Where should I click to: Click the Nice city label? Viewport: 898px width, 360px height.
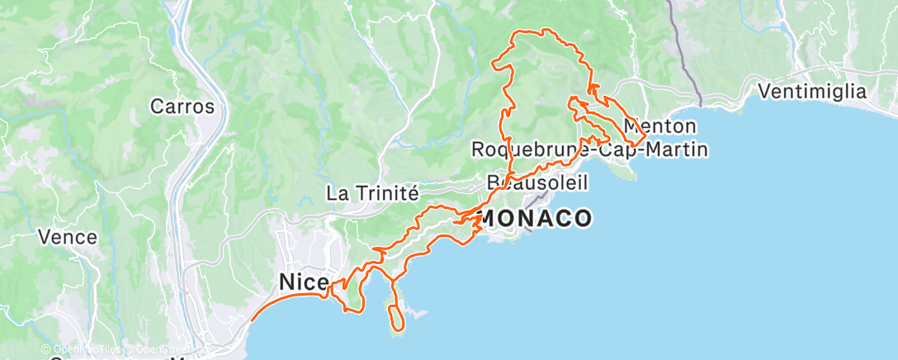pyautogui.click(x=304, y=282)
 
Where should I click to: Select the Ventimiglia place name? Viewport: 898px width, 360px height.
pyautogui.click(x=813, y=91)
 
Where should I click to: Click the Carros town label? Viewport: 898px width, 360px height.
pyautogui.click(x=182, y=107)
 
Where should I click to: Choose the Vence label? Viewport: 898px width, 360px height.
pyautogui.click(x=68, y=237)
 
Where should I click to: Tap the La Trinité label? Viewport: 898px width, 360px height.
pyautogui.click(x=373, y=193)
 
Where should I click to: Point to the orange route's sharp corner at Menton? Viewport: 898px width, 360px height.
pyautogui.click(x=645, y=134)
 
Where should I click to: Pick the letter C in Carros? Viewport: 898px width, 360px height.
pyautogui.click(x=156, y=107)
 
